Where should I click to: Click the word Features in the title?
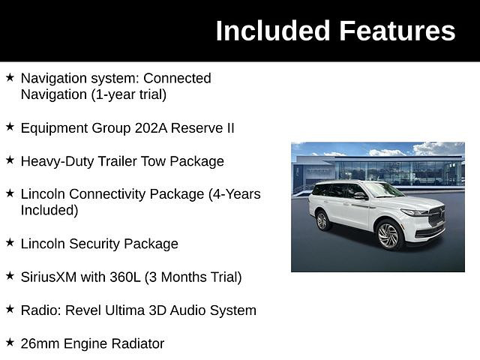[x=397, y=31]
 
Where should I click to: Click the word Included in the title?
[x=272, y=31]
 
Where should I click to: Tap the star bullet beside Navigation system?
[x=10, y=77]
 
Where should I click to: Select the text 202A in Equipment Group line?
[x=151, y=128]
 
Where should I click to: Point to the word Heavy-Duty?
[x=57, y=162]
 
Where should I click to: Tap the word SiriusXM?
[x=49, y=277]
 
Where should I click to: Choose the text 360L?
[x=125, y=277]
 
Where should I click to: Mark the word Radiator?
[x=138, y=343]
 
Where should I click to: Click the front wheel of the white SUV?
[x=388, y=235]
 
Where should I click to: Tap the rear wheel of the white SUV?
[x=322, y=220]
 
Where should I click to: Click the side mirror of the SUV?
[x=360, y=196]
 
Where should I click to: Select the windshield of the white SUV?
[x=382, y=190]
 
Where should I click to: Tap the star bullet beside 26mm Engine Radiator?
[x=10, y=343]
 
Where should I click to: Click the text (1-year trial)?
[x=129, y=94]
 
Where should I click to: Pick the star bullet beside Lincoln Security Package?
[x=10, y=243]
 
